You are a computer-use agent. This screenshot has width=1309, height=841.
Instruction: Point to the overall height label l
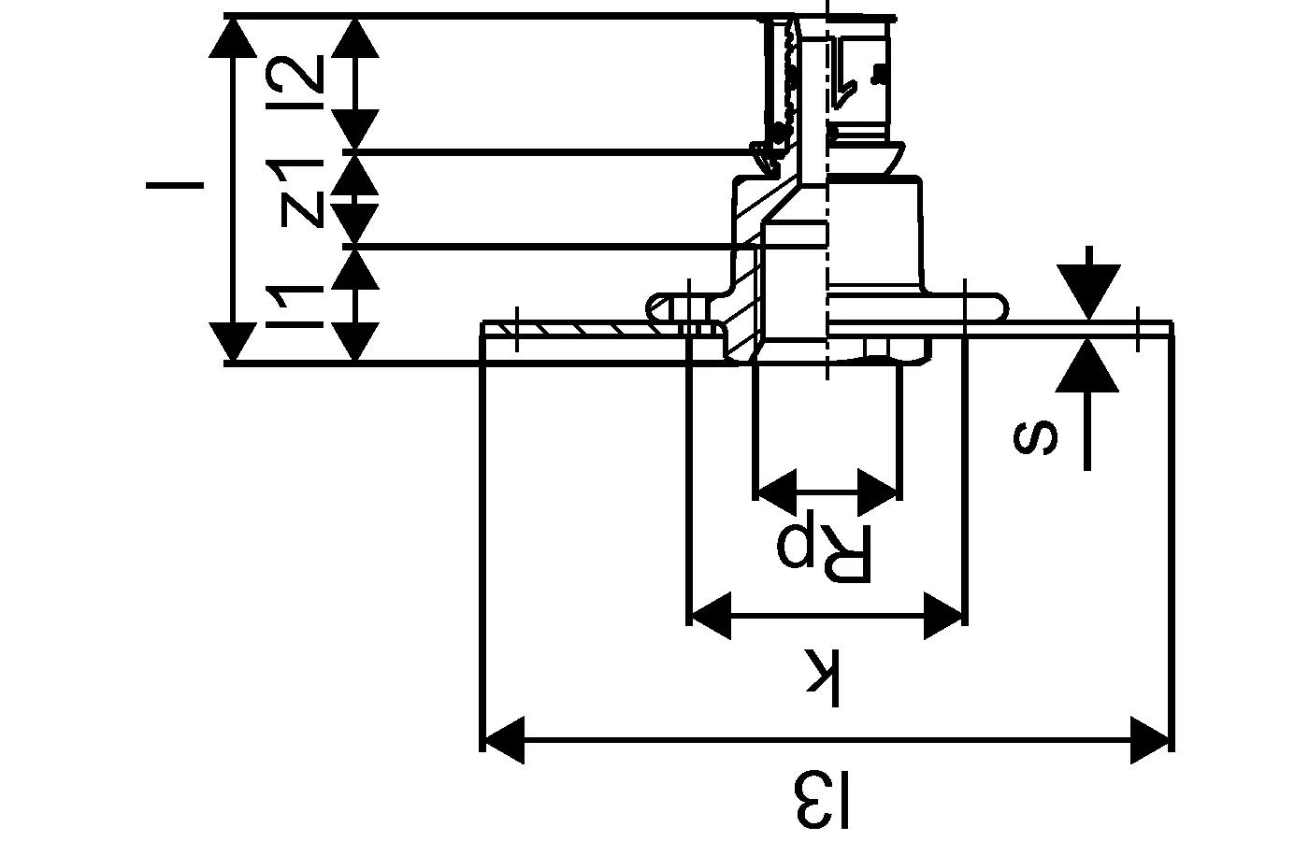pyautogui.click(x=175, y=184)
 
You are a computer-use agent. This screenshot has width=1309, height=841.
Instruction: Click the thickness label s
pyautogui.click(x=1036, y=437)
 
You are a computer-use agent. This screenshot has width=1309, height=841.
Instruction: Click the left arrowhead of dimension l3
pyautogui.click(x=501, y=740)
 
